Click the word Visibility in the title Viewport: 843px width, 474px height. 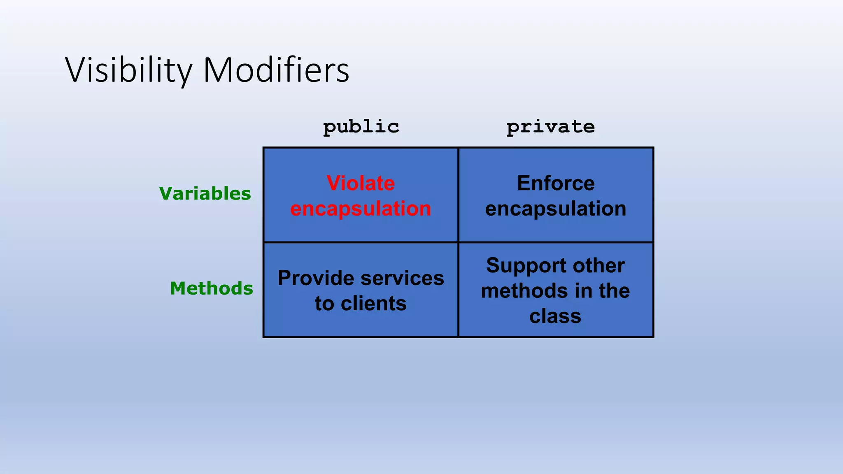point(129,70)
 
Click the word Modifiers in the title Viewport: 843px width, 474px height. point(276,70)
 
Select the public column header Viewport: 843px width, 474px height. point(361,127)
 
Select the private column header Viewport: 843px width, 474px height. point(550,127)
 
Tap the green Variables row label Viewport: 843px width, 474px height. point(205,193)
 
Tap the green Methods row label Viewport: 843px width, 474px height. point(212,288)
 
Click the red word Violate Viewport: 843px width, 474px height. point(361,183)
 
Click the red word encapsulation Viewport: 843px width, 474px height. point(361,209)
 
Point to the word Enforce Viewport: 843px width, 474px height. point(556,183)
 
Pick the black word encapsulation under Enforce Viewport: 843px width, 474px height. point(556,209)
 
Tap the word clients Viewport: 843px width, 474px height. point(373,304)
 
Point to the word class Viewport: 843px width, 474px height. point(555,316)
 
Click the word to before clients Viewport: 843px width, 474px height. point(324,304)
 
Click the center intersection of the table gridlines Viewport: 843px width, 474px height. point(458,242)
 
